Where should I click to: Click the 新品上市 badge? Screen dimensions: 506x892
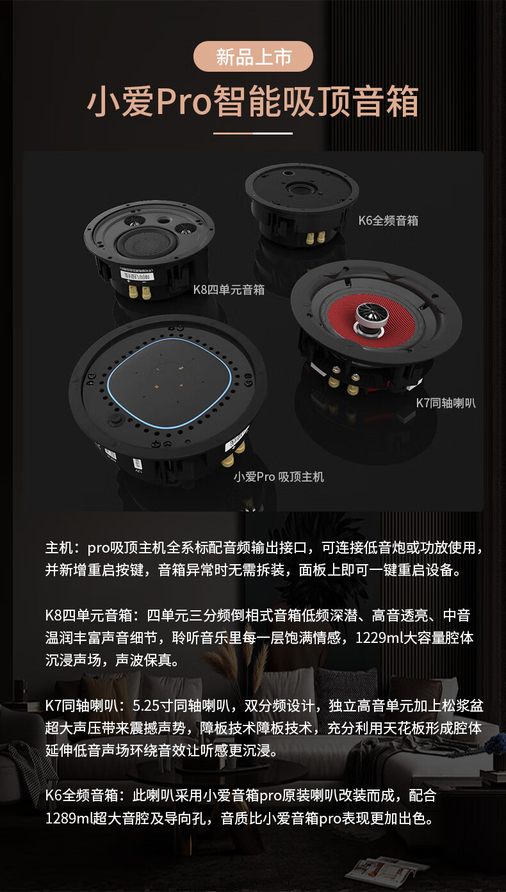coord(253,56)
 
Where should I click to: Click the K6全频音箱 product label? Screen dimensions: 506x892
coord(388,220)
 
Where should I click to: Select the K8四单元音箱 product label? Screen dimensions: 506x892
coord(229,289)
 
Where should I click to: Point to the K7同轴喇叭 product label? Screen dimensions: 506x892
coord(445,403)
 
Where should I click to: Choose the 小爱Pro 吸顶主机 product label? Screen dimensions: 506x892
coord(279,476)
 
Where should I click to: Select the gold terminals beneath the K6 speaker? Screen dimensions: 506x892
coord(314,238)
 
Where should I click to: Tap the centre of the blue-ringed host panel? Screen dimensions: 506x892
coord(169,383)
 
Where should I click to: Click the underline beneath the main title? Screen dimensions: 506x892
coord(253,133)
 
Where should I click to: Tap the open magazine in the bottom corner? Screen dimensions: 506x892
coord(386,875)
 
